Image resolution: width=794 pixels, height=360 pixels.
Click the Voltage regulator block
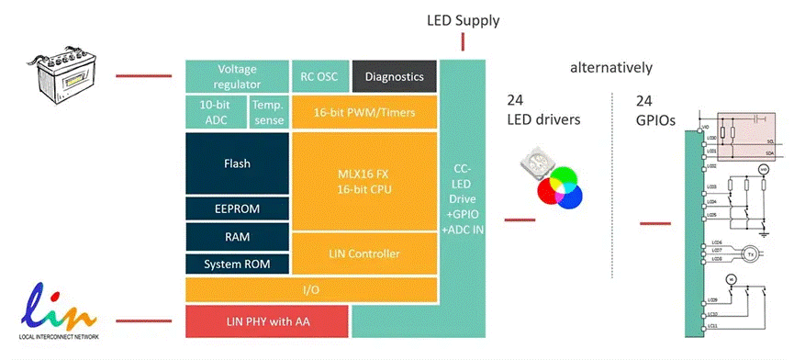pyautogui.click(x=236, y=76)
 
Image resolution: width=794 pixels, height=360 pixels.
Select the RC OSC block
pyautogui.click(x=318, y=76)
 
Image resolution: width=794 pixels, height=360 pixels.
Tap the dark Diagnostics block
pyautogui.click(x=393, y=77)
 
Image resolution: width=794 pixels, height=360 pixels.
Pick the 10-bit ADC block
pyautogui.click(x=216, y=112)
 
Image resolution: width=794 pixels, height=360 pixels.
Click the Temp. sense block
pyautogui.click(x=267, y=112)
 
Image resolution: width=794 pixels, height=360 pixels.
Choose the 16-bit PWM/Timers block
pyautogui.click(x=364, y=112)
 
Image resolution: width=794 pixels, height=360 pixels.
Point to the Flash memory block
pyautogui.click(x=236, y=163)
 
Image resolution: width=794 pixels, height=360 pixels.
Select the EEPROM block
pyautogui.click(x=236, y=208)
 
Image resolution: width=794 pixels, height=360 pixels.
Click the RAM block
pyautogui.click(x=236, y=236)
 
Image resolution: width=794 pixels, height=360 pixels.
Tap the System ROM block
pyautogui.click(x=236, y=264)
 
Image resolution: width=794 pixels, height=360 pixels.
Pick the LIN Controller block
pyautogui.click(x=364, y=253)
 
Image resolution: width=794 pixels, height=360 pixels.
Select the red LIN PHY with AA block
pyautogui.click(x=266, y=321)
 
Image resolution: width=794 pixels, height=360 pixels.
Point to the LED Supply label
pyautogui.click(x=464, y=19)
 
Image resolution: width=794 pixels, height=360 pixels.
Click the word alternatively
pyautogui.click(x=610, y=68)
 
